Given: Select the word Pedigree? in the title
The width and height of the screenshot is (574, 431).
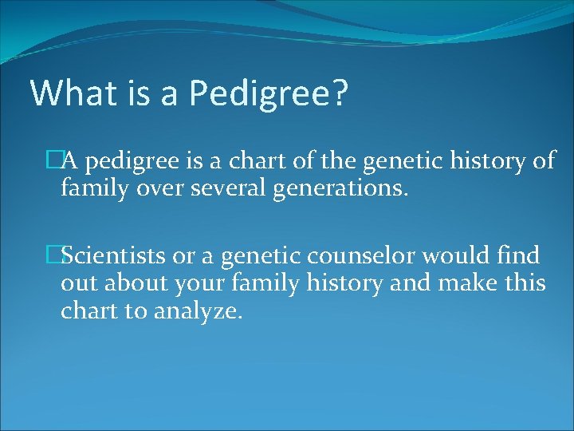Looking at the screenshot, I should click(x=269, y=94).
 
